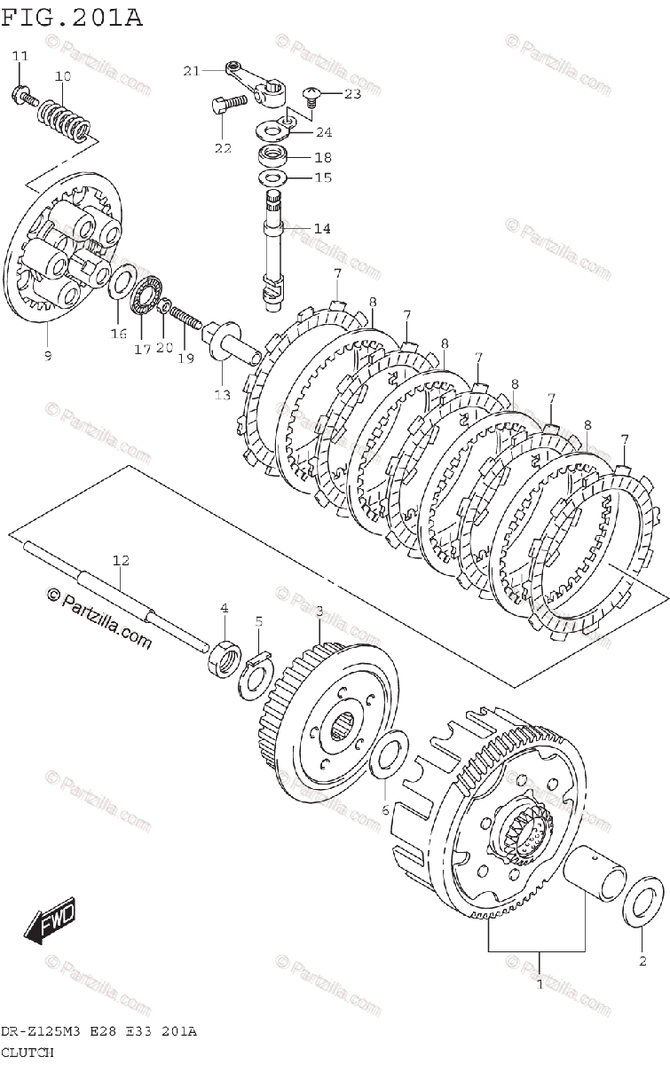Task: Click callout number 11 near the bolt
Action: coord(20,56)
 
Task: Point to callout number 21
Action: coord(192,70)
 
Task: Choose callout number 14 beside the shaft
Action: coord(321,228)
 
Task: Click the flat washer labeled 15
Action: coord(272,177)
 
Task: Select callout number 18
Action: coord(297,157)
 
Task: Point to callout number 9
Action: coord(47,355)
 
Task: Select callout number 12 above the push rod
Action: coord(121,560)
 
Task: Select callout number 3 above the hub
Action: coord(319,611)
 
